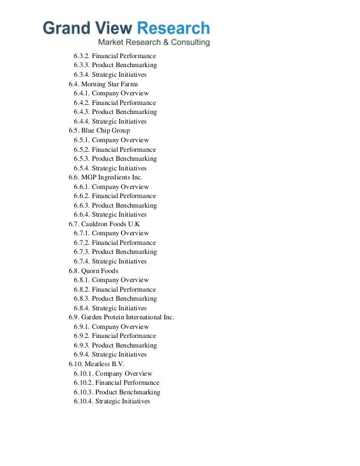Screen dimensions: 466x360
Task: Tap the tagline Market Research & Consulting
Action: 153,43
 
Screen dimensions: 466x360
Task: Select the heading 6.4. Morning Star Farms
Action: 103,84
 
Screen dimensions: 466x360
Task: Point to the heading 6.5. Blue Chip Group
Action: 99,131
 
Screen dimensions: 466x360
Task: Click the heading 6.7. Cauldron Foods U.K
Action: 104,224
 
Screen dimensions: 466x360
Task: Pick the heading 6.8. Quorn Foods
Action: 93,271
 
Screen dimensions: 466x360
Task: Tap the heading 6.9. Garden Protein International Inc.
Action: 121,318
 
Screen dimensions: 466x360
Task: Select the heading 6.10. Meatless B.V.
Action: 96,364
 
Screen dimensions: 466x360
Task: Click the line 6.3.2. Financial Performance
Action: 115,56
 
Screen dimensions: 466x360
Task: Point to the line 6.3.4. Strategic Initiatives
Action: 110,75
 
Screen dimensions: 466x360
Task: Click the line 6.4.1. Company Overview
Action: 111,94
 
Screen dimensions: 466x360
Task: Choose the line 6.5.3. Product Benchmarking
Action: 115,159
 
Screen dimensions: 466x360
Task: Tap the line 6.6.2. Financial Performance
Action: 115,196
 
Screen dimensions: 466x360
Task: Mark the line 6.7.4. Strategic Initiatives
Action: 110,262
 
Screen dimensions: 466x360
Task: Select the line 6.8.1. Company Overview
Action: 111,280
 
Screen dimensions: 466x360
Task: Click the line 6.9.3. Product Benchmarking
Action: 115,346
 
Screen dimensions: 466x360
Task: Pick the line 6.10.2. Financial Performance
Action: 116,383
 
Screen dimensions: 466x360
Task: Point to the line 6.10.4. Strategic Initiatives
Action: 112,402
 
